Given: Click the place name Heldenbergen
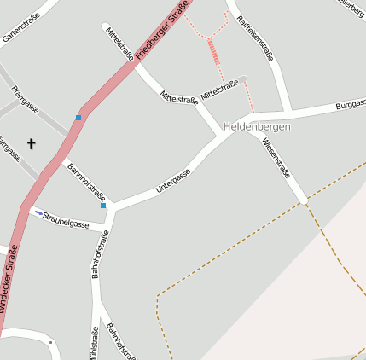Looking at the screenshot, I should click(x=257, y=126).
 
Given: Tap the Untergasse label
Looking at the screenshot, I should click(x=173, y=178).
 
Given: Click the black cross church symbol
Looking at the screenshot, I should click(x=32, y=144).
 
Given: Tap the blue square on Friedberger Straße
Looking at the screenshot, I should click(x=78, y=118).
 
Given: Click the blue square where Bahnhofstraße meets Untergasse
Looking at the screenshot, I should click(x=103, y=206).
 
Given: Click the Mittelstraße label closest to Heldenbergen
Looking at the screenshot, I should click(x=219, y=87).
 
